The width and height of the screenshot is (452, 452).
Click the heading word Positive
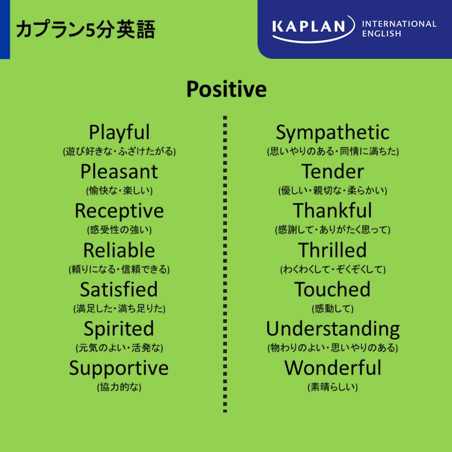226,89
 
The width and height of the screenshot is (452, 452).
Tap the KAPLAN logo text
309,26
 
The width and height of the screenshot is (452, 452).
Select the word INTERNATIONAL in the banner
399,24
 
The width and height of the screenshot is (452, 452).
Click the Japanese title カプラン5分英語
86,29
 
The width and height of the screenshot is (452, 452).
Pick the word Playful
119,133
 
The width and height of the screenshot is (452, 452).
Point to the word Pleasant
119,171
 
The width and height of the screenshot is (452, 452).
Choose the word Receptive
119,211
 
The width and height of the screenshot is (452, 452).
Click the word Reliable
119,250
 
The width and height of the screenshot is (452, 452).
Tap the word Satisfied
119,289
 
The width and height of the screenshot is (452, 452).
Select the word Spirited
119,329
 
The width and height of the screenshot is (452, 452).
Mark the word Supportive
119,368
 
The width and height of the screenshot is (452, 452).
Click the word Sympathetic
333,133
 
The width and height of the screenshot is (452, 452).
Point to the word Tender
333,171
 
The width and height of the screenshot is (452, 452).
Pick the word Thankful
333,210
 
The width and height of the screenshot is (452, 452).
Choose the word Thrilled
333,250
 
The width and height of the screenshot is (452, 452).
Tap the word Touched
332,289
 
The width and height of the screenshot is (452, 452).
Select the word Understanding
333,329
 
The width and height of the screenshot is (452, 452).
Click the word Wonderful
333,368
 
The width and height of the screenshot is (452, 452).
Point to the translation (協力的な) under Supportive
119,387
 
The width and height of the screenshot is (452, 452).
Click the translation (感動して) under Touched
333,308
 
